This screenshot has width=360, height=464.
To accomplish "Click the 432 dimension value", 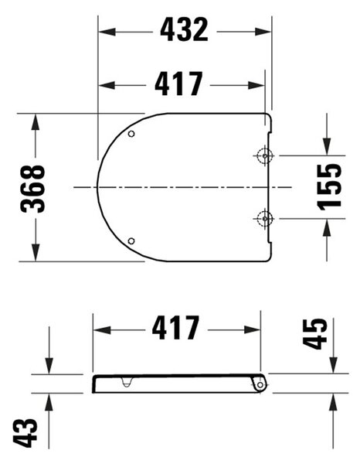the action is pos(184,29).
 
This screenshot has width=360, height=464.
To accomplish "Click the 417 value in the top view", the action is pos(178,84).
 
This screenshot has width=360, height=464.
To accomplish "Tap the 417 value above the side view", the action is pos(176,328).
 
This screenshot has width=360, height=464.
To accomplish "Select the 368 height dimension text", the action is pos(32,189).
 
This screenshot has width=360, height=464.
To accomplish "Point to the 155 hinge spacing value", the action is pos(329,187).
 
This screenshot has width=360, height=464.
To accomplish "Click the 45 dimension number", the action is pos(315,334).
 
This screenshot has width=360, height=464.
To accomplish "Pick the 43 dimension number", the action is pos(25,432).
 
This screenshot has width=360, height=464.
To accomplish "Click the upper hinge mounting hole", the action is pos(264,155).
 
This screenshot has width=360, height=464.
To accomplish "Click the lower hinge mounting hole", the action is pos(264,219).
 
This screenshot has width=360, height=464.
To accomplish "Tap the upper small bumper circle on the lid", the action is pos(131,134).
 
